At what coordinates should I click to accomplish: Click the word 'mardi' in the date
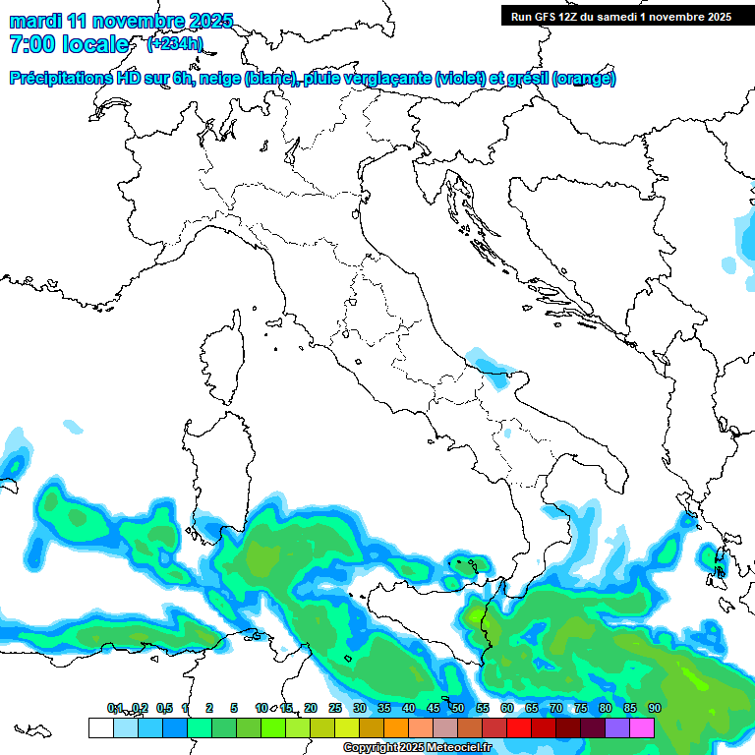tap(35, 21)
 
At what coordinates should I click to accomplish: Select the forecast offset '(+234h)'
tap(175, 43)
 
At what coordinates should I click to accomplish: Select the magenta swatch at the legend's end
tap(642, 727)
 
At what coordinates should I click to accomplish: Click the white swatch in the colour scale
tap(100, 727)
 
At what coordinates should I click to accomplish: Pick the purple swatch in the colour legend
tap(617, 727)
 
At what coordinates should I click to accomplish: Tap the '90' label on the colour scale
tap(654, 708)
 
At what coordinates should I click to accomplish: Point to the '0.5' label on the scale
tap(164, 708)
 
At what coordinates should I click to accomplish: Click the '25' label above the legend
tap(335, 708)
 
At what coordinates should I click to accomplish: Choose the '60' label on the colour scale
tap(507, 708)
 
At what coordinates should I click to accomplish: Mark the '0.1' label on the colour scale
tap(115, 708)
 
